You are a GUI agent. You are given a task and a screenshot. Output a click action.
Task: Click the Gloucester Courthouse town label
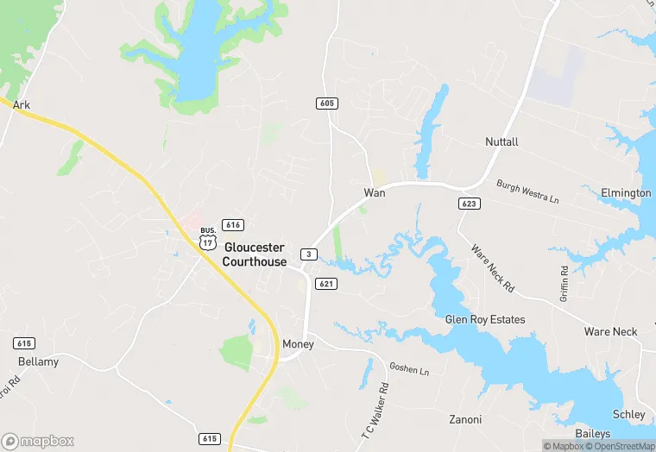[255, 254]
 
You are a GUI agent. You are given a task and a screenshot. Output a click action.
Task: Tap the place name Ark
[22, 104]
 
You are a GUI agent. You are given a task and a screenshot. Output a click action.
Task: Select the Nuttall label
[501, 141]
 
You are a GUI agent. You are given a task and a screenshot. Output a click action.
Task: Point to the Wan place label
[374, 192]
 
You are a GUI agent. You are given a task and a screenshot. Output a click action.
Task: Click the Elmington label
[626, 192]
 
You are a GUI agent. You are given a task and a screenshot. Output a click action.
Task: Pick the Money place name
[298, 344]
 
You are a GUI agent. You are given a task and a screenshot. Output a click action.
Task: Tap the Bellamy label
[39, 361]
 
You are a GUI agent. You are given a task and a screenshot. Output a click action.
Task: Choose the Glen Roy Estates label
[484, 319]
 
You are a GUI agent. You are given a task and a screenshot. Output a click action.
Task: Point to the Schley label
[628, 414]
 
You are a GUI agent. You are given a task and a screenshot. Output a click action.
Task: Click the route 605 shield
[326, 104]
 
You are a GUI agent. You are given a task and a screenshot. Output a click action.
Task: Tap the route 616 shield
[232, 224]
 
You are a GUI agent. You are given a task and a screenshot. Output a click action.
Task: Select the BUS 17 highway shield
[207, 239]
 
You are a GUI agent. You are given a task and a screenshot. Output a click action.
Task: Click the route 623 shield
[469, 204]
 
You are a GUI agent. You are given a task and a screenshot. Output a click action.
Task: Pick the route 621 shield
[325, 284]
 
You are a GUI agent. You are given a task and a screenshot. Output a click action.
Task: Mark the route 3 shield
[308, 254]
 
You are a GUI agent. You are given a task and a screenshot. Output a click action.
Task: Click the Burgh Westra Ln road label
[527, 191]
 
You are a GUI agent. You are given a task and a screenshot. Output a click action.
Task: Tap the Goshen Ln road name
[408, 369]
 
